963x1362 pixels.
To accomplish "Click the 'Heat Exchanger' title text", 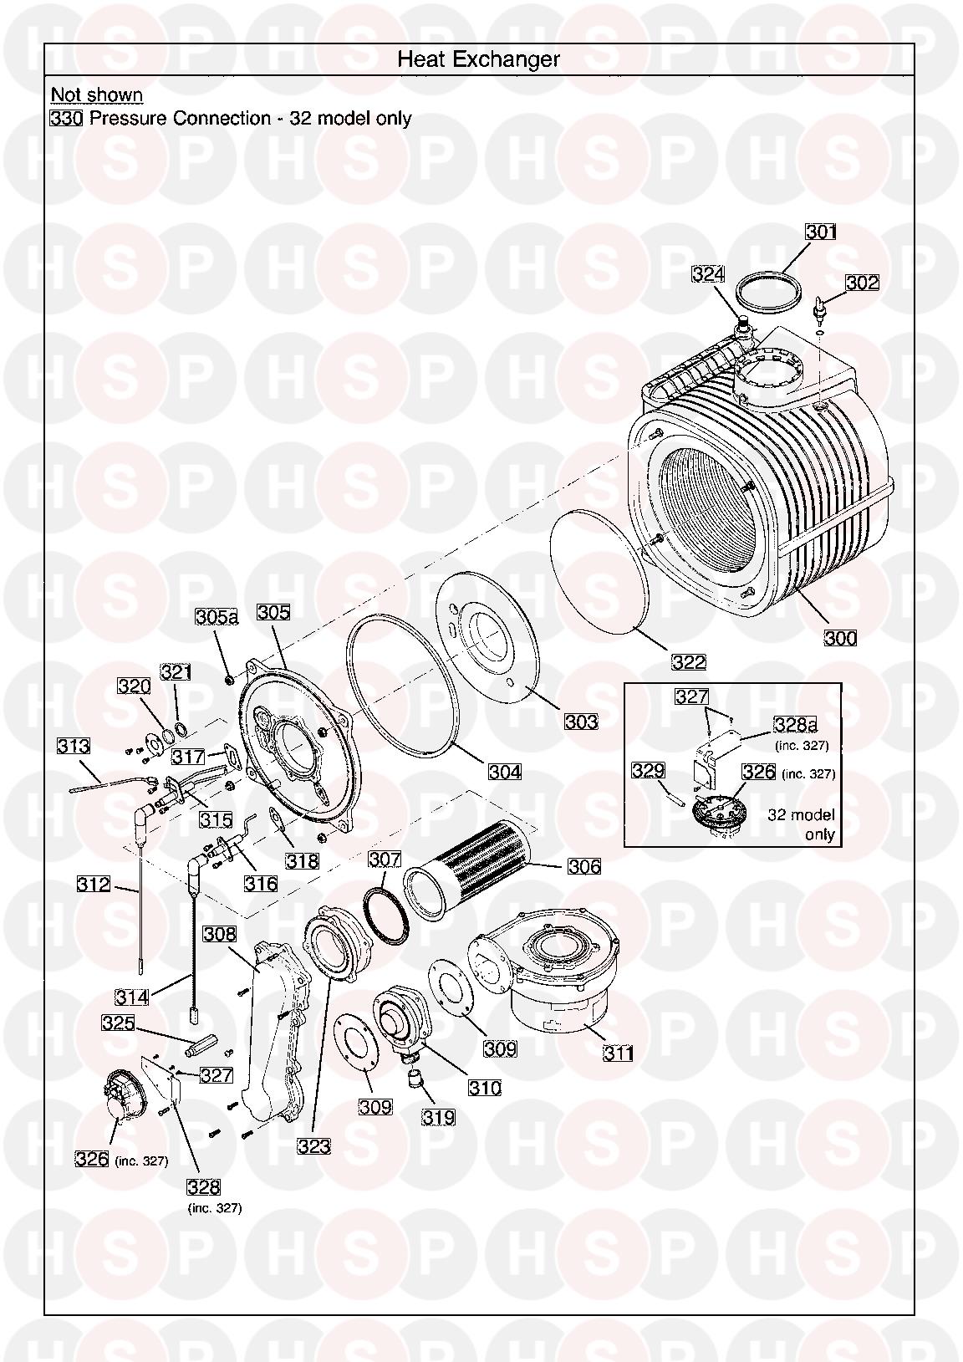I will (478, 59).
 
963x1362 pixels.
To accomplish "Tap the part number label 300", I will (840, 638).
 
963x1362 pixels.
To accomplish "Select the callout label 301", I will (820, 232).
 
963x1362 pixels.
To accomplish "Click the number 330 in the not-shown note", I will (66, 119).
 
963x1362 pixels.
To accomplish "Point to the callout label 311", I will (619, 1053).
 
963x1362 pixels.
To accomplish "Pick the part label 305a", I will (217, 617).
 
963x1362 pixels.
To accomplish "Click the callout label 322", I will (689, 662).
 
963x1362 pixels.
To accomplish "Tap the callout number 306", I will (583, 866).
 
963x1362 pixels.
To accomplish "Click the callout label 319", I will (438, 1116).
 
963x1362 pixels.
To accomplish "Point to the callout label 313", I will (74, 746).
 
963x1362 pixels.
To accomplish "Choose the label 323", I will (314, 1146).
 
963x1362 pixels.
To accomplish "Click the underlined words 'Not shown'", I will (97, 94).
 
